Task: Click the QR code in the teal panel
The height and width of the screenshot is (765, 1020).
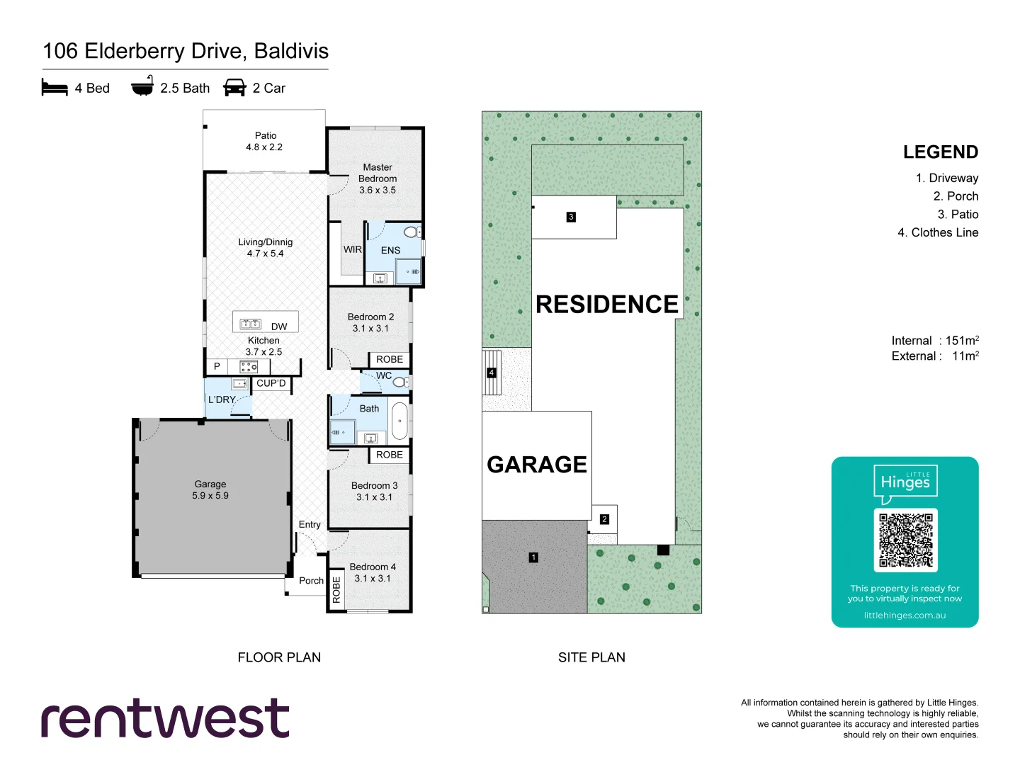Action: (x=905, y=540)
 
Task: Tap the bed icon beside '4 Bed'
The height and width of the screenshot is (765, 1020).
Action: (x=55, y=88)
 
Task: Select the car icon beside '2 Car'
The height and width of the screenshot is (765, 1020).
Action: (x=234, y=88)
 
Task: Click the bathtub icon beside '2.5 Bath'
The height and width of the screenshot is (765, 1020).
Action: (x=142, y=86)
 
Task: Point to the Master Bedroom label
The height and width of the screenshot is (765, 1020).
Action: (x=378, y=178)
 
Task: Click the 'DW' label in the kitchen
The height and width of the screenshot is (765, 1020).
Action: (x=279, y=327)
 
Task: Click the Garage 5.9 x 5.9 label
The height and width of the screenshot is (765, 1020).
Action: (x=210, y=489)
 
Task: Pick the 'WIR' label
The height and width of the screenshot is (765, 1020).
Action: (x=353, y=249)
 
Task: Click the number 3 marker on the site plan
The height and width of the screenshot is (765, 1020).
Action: (x=571, y=217)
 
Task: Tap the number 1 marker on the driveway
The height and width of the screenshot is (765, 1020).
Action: (x=533, y=557)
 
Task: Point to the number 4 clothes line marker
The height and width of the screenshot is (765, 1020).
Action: (x=492, y=373)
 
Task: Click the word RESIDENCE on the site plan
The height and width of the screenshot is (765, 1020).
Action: (x=607, y=305)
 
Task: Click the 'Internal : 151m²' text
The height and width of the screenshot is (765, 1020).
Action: (x=935, y=341)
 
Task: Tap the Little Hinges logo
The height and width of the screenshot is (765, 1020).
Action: (x=905, y=482)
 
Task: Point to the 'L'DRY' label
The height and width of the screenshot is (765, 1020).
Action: (x=222, y=399)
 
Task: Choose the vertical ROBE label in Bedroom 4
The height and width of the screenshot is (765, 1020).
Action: (x=336, y=589)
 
